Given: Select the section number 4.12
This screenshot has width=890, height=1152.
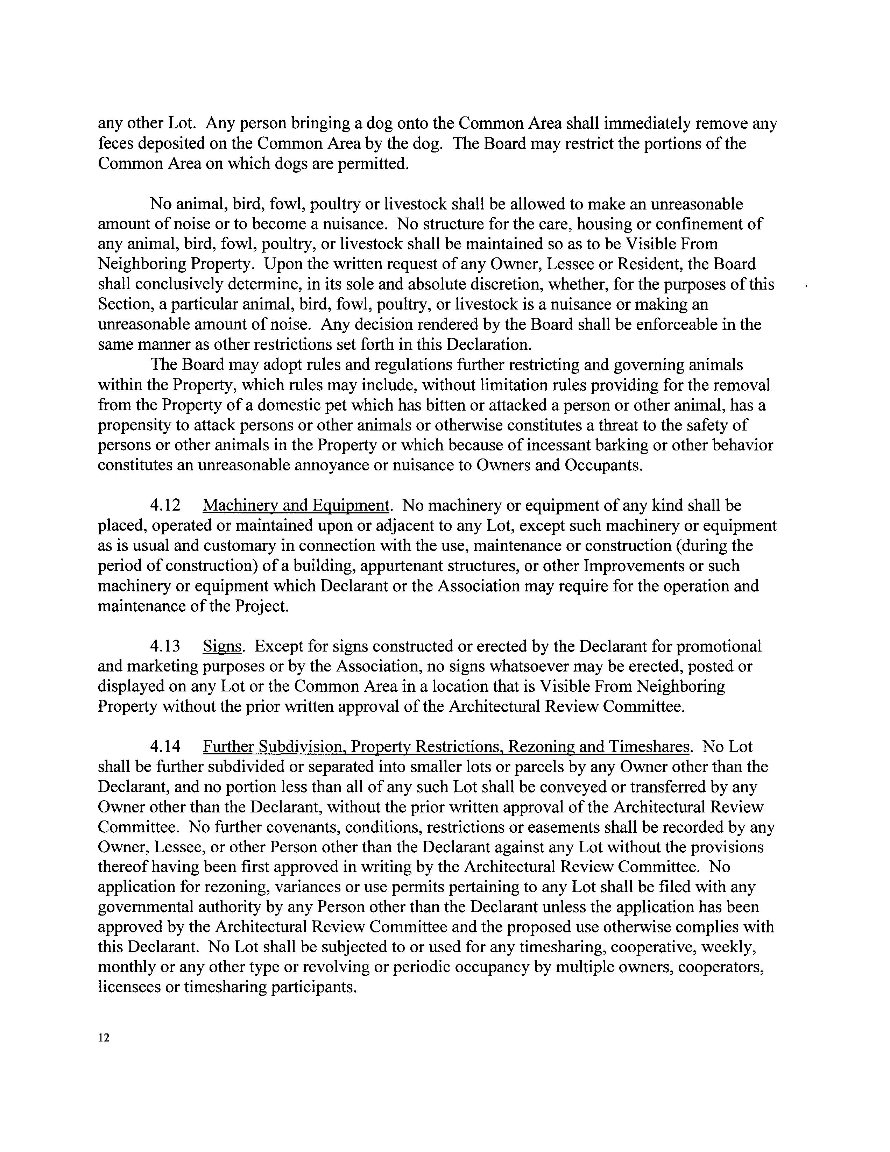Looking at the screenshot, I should (165, 505).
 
